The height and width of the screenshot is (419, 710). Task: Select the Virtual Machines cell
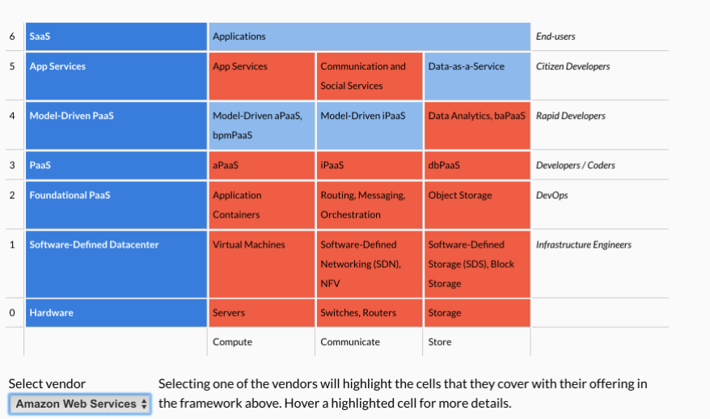[261, 264]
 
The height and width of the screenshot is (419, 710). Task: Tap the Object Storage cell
[476, 205]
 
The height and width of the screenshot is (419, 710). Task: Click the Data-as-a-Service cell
[476, 76]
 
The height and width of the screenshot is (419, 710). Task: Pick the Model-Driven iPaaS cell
[369, 125]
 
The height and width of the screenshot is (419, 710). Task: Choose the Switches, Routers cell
[369, 313]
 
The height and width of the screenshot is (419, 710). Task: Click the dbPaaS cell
[476, 165]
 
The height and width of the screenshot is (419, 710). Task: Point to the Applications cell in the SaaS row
[369, 36]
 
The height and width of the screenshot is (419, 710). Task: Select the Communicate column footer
[350, 342]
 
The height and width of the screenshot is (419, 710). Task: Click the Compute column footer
[232, 342]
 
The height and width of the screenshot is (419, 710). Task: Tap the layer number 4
[12, 116]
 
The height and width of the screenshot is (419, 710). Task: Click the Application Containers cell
[261, 205]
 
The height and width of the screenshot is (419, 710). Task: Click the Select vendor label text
[47, 384]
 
